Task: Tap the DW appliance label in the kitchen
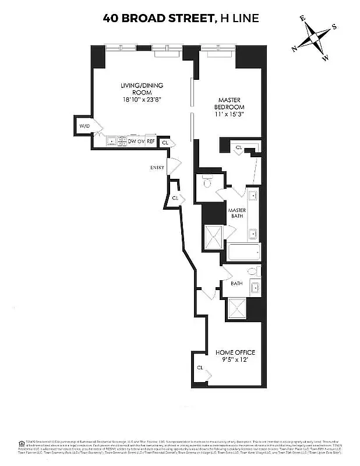tap(132, 141)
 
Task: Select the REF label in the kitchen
tap(150, 141)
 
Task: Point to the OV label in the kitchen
tap(141, 141)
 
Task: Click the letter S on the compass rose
tap(334, 26)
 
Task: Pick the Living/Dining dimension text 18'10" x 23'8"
tap(142, 100)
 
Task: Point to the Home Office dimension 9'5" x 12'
tap(235, 360)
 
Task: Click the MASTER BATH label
tap(237, 213)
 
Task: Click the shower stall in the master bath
tap(213, 237)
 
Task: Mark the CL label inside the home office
tap(200, 368)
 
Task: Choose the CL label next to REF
tap(165, 142)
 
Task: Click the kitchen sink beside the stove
tap(111, 141)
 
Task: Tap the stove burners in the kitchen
tap(122, 140)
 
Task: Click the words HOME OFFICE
tap(235, 352)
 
